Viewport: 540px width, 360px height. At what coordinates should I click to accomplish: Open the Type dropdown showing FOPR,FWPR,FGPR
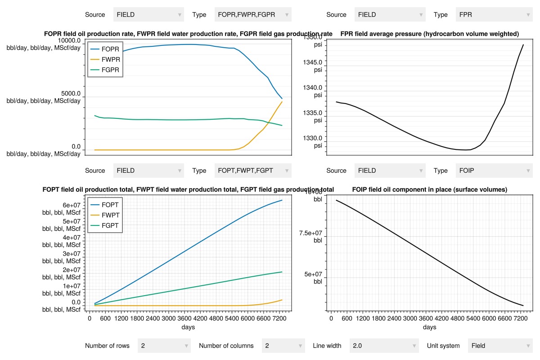[253, 14]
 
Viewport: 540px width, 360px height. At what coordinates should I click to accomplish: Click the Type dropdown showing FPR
[494, 14]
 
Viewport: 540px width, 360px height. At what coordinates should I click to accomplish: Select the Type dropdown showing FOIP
[494, 171]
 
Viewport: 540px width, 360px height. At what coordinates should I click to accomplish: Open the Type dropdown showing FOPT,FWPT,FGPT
[253, 171]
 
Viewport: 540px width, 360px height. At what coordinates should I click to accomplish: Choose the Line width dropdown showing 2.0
[384, 346]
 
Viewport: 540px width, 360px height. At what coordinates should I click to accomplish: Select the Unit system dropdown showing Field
[500, 346]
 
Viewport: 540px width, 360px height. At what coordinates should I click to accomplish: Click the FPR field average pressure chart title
[430, 34]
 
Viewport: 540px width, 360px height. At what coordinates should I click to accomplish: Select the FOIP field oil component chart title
[430, 190]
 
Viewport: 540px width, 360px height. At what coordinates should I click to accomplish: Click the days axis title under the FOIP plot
[429, 327]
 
